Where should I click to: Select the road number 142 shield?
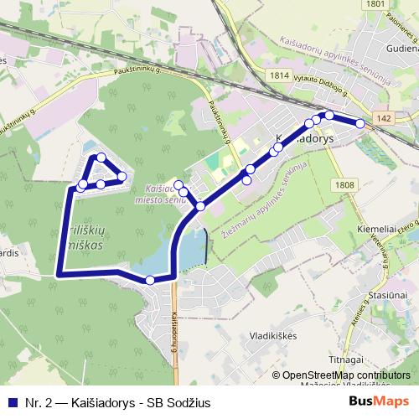(383, 120)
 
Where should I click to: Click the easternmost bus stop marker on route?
(360, 123)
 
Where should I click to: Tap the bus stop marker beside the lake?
(149, 280)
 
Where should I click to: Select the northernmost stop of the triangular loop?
(101, 158)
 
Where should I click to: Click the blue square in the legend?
(12, 403)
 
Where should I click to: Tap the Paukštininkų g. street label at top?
(134, 73)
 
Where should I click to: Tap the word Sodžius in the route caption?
(189, 403)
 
